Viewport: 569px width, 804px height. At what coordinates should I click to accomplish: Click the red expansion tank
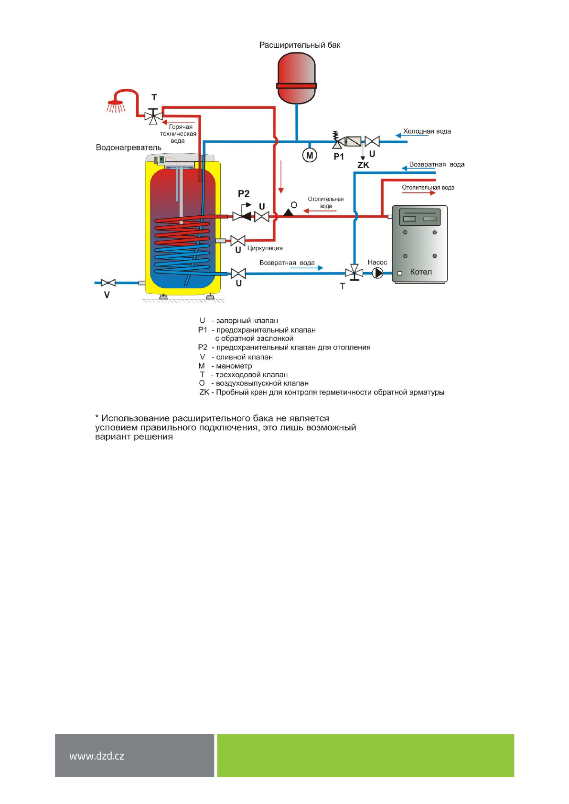(x=296, y=78)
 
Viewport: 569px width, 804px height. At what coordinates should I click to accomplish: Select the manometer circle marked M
(x=309, y=156)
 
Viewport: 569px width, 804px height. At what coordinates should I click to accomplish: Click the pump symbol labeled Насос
(x=377, y=273)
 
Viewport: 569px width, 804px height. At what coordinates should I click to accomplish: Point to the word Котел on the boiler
(x=420, y=272)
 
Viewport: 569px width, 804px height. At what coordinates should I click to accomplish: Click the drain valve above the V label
(x=108, y=283)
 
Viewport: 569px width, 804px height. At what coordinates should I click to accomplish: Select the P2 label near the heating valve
(x=244, y=194)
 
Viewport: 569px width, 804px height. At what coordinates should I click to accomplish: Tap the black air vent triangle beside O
(x=288, y=212)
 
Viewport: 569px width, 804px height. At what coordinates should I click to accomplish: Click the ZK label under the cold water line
(x=363, y=165)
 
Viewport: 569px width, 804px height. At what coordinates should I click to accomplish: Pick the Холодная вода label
(x=427, y=131)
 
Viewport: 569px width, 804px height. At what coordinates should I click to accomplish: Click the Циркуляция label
(x=265, y=248)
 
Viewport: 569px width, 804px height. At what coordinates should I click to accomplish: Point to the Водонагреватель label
(x=129, y=148)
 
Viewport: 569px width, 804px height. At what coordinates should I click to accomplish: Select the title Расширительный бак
(x=300, y=45)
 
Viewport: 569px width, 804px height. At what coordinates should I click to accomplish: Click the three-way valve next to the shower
(x=153, y=116)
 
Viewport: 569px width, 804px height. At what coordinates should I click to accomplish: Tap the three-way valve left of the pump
(x=354, y=273)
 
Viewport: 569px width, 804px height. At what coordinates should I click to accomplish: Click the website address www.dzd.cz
(x=97, y=756)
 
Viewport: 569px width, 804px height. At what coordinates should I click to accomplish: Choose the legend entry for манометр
(x=225, y=366)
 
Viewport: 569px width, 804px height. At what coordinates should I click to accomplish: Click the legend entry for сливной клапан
(x=236, y=357)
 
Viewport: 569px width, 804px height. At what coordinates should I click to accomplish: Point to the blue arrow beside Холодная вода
(x=407, y=136)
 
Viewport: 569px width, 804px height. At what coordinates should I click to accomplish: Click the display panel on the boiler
(x=419, y=217)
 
